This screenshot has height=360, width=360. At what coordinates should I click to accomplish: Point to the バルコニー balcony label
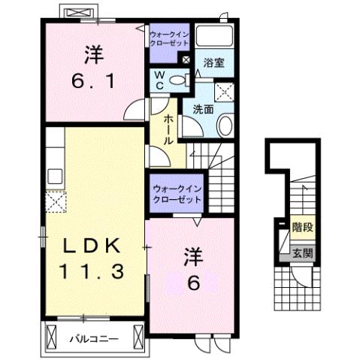pos(94,339)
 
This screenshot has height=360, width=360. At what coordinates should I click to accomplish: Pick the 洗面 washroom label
pos(203,108)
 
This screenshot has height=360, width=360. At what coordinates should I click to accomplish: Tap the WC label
pos(161,80)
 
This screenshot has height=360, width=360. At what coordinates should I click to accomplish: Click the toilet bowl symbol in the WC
pos(178,80)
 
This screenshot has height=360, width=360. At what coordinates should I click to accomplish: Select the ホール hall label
pos(167,129)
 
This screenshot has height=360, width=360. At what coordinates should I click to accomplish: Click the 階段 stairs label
pos(302,225)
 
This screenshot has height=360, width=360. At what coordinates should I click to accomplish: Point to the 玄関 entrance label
pos(302,253)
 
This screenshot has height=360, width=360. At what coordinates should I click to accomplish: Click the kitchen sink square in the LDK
pos(54,177)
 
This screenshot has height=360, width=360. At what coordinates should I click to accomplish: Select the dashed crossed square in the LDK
pos(56,201)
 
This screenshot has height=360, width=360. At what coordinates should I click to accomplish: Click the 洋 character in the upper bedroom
pos(93,53)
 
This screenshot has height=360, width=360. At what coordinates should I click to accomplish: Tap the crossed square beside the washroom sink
pos(224,92)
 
